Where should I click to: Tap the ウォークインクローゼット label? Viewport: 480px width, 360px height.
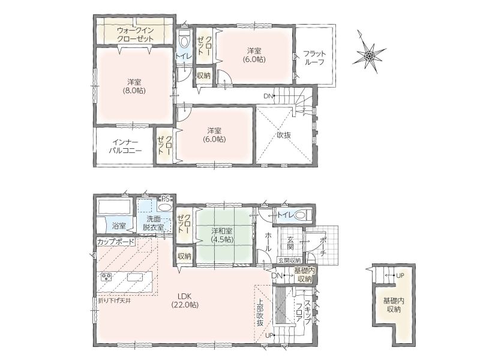[x=136, y=35]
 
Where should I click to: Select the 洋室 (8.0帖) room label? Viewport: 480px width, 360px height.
[x=134, y=86]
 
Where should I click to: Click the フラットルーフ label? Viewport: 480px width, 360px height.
[x=314, y=58]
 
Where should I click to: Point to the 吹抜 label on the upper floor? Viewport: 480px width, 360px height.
[x=284, y=135]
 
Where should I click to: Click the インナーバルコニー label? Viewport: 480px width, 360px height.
[x=125, y=146]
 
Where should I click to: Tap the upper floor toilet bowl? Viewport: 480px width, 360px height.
[x=184, y=38]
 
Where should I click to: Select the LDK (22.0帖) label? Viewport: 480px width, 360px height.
[x=185, y=301]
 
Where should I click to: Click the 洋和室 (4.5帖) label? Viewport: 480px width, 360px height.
[x=222, y=235]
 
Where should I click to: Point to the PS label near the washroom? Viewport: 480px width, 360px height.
[x=166, y=198]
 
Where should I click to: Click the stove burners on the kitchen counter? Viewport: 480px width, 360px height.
[x=107, y=277]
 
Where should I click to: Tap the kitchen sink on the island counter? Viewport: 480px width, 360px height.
[x=135, y=277]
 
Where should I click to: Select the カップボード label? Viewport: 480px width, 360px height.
[x=115, y=242]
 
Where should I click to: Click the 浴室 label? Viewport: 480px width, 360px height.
[x=119, y=226]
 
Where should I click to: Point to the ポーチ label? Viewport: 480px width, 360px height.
[x=323, y=244]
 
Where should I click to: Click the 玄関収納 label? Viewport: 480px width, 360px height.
[x=290, y=260]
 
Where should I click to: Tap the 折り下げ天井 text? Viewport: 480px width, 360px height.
[x=115, y=301]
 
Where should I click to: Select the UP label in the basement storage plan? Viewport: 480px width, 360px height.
[x=400, y=275]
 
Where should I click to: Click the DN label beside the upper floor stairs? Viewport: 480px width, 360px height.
[x=268, y=96]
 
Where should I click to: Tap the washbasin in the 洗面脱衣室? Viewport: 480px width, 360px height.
[x=165, y=206]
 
